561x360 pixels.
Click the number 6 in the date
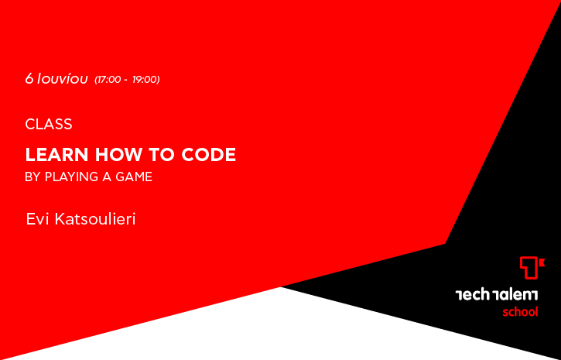pyautogui.click(x=29, y=79)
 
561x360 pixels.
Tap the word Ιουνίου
pyautogui.click(x=62, y=79)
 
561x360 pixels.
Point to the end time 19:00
pyautogui.click(x=145, y=80)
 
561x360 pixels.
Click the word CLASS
pyautogui.click(x=49, y=124)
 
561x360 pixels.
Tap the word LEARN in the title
pyautogui.click(x=56, y=155)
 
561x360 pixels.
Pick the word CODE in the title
pyautogui.click(x=209, y=155)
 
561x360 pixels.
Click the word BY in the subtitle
pyautogui.click(x=32, y=177)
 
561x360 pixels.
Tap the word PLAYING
pyautogui.click(x=71, y=177)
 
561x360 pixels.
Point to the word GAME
pyautogui.click(x=134, y=177)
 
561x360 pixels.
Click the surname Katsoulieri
pyautogui.click(x=95, y=219)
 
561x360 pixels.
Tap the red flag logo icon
pyautogui.click(x=532, y=267)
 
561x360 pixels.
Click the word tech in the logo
pyautogui.click(x=472, y=295)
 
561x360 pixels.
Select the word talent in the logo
pyautogui.click(x=515, y=295)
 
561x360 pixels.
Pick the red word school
pyautogui.click(x=520, y=312)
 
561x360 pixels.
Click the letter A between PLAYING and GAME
pyautogui.click(x=107, y=177)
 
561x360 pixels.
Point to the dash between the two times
pyautogui.click(x=126, y=81)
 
